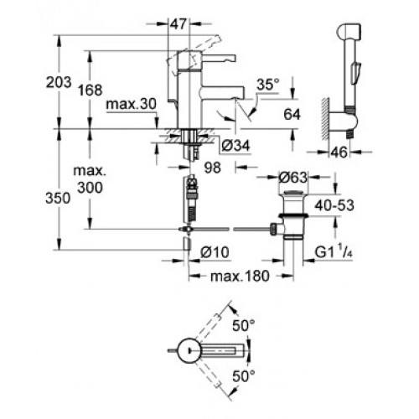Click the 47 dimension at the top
coord(178,24)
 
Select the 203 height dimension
coord(59,82)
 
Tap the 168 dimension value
coord(90,90)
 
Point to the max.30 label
coord(132,105)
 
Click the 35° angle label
coord(268,85)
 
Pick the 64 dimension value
coord(292,115)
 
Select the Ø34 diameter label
coord(235,146)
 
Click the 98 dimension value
coord(213,168)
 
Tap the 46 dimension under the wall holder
coord(339,153)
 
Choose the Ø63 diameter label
coord(293,178)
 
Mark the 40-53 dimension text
coord(334,205)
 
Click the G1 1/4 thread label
coord(334,251)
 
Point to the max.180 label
coord(240,277)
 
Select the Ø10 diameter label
coord(215,252)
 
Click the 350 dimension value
coord(58,199)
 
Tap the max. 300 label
coord(90,179)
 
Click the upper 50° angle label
coord(244,325)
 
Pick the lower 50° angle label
coord(244,376)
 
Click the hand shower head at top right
coord(350,32)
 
